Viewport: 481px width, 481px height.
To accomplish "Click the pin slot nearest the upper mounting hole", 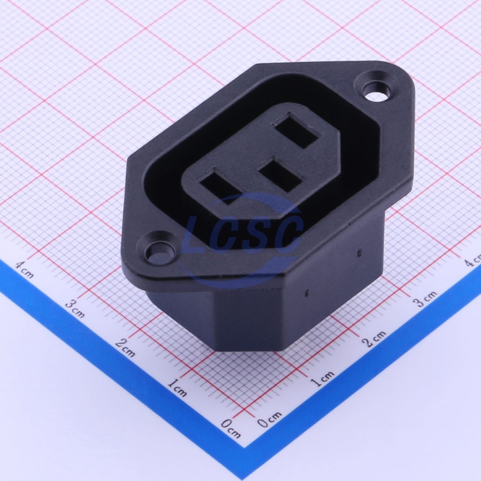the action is pyautogui.click(x=298, y=131).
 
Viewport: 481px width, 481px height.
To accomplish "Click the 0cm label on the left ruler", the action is pyautogui.click(x=231, y=429).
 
